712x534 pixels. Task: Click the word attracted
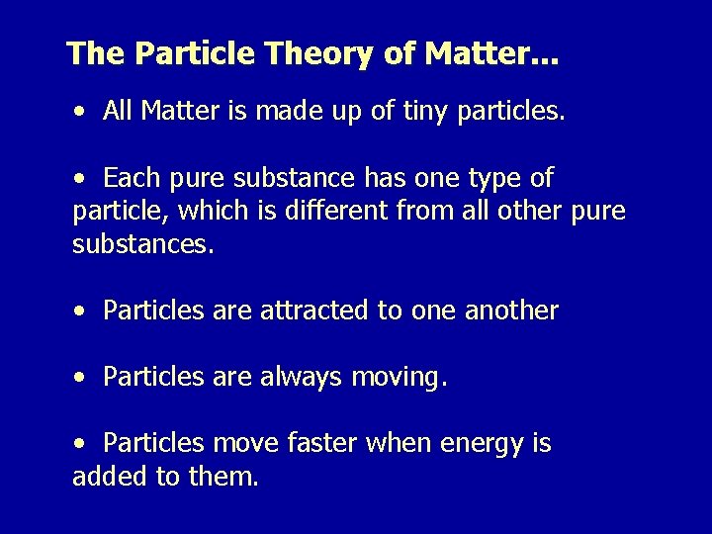click(315, 311)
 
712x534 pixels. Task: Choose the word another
click(511, 311)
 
